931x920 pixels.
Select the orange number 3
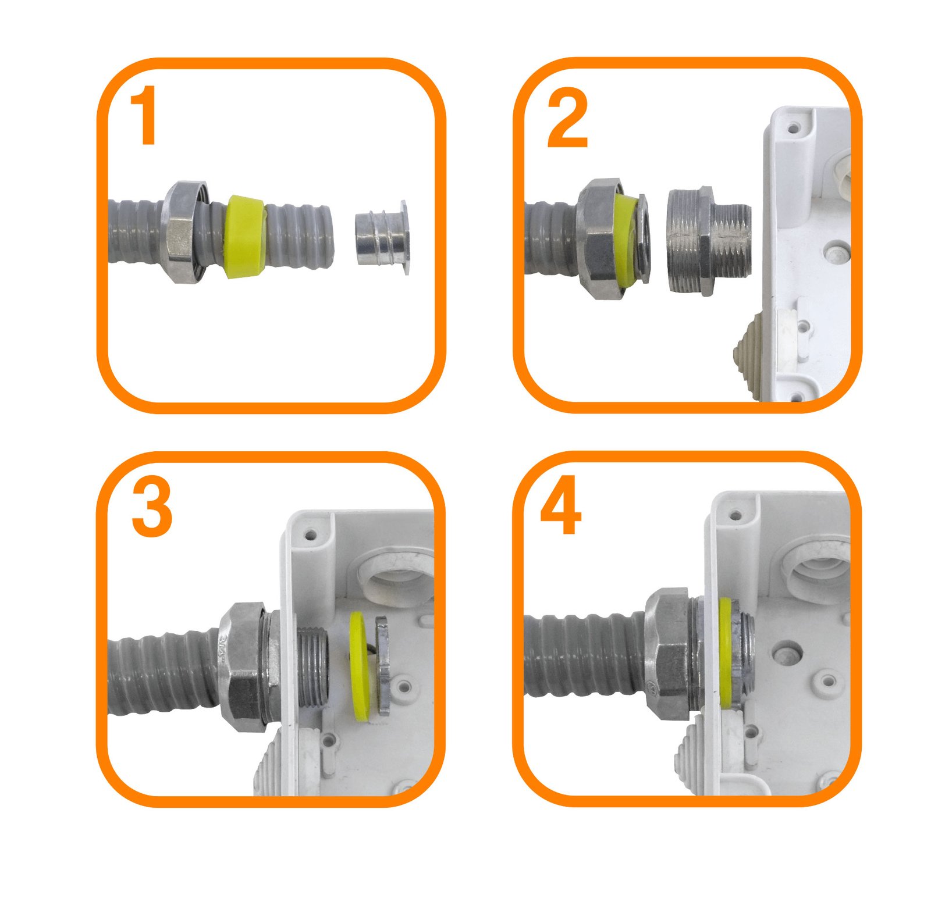coord(152,508)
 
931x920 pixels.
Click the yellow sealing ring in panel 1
coord(245,236)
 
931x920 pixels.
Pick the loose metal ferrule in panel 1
coord(382,238)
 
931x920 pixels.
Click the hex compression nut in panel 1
coord(185,231)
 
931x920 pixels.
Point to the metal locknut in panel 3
coord(382,666)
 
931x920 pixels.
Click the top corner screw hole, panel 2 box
coord(792,126)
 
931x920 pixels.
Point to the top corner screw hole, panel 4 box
coord(735,515)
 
